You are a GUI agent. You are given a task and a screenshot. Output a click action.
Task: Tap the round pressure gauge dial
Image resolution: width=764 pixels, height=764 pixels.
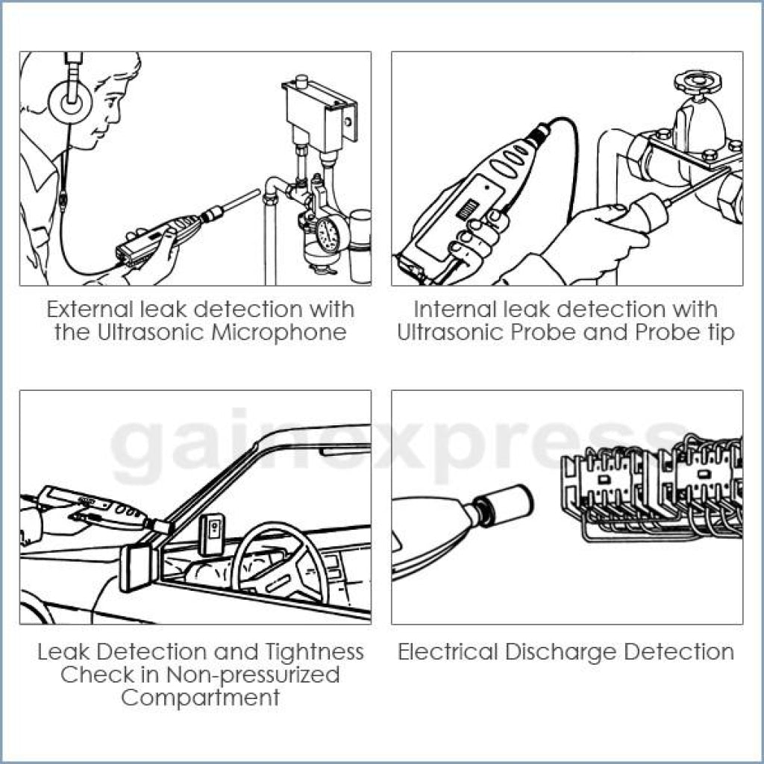coord(328,235)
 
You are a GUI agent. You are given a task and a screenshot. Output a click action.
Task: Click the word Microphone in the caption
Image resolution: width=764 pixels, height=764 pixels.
coord(279,333)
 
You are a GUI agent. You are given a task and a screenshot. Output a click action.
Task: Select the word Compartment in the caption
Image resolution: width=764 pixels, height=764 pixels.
coord(200,697)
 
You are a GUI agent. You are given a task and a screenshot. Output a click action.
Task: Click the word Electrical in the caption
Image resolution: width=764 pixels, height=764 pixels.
coord(448,652)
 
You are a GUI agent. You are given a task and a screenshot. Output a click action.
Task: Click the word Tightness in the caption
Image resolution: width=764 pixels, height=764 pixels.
coord(314,653)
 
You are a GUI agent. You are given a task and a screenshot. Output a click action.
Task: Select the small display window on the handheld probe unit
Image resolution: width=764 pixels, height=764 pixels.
coord(466,210)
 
